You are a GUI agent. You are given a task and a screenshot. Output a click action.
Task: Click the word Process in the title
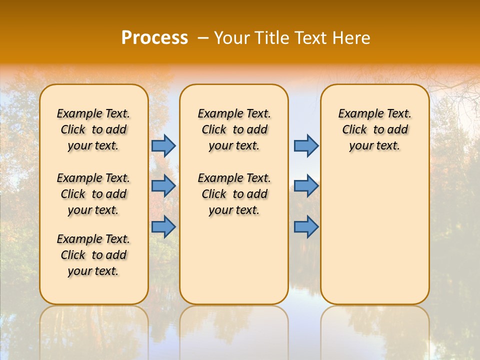(154, 38)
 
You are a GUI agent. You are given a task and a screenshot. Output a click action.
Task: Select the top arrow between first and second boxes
(163, 145)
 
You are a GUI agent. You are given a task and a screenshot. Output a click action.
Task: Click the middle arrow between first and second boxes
(163, 186)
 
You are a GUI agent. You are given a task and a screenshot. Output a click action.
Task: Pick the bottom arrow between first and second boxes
(163, 227)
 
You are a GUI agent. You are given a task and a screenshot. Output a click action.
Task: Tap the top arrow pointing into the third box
(306, 145)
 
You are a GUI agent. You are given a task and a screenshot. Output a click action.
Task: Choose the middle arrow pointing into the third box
(306, 186)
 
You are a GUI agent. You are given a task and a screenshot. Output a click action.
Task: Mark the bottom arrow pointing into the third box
(306, 227)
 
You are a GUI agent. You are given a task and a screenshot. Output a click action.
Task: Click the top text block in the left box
(93, 129)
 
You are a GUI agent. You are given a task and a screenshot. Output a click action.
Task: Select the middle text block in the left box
(93, 194)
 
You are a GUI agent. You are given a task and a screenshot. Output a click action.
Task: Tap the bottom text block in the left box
(93, 255)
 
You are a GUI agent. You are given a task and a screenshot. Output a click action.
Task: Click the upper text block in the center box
(234, 129)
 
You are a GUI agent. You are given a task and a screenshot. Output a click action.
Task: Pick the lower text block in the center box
(234, 194)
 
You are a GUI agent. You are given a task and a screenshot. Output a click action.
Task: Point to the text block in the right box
(374, 129)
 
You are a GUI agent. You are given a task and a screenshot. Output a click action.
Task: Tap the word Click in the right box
(354, 130)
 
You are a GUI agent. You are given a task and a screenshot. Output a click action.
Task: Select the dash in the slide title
(203, 38)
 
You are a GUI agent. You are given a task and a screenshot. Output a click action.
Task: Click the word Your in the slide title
(232, 38)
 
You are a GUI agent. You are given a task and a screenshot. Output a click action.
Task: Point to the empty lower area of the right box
(374, 235)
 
